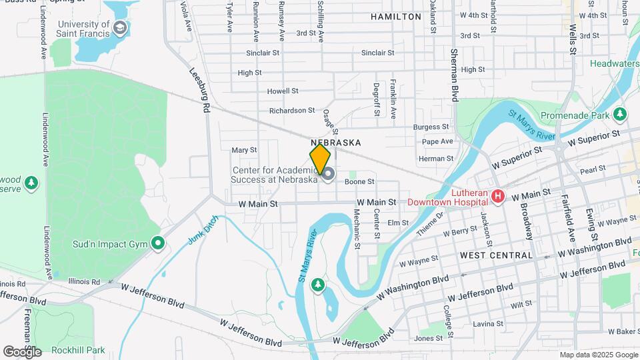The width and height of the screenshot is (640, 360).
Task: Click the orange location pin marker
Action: [320, 159]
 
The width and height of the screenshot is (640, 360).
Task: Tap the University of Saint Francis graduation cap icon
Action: [120, 28]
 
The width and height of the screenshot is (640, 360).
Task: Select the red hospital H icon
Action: [497, 196]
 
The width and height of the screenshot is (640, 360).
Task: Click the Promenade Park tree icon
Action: [621, 114]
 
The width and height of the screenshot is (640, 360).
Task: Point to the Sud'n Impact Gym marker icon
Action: [158, 243]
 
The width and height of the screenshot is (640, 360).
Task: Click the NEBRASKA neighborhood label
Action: [335, 143]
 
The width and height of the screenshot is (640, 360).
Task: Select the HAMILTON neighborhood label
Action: [396, 17]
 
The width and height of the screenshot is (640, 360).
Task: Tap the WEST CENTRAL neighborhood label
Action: [497, 255]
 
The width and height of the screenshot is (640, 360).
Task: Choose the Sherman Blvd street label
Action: [455, 75]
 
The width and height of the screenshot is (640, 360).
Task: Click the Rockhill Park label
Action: [80, 350]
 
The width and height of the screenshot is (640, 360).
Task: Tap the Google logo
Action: [22, 351]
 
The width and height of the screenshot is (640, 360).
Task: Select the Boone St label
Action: [359, 181]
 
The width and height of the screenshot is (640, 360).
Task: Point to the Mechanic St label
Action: [357, 230]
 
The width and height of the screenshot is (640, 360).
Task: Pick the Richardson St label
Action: [292, 111]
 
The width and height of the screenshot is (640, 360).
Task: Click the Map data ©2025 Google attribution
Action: [597, 355]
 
